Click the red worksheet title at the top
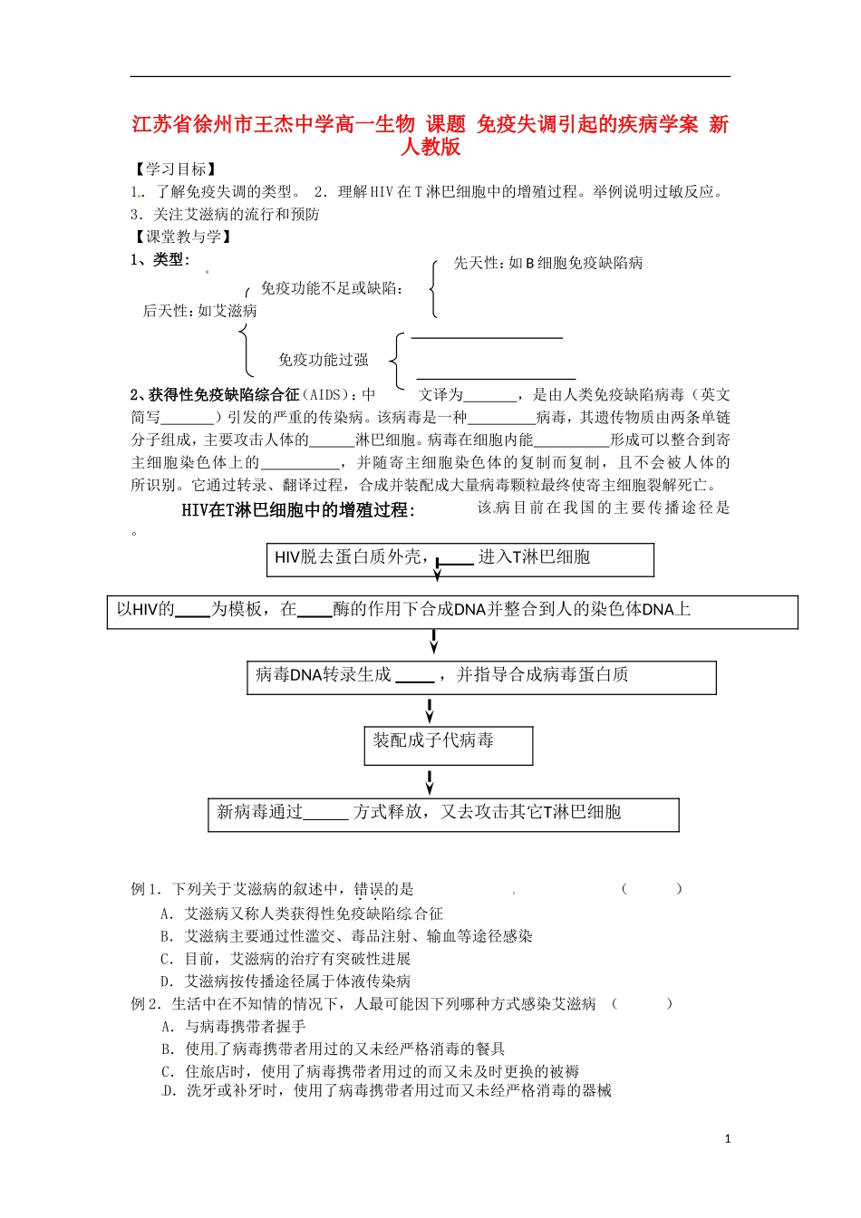click(430, 135)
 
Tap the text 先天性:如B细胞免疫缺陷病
click(548, 263)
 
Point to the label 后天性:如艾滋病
click(200, 311)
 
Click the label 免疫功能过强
click(324, 360)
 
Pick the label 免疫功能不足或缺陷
click(332, 288)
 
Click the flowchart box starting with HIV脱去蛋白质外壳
click(460, 559)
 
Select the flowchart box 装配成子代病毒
click(448, 745)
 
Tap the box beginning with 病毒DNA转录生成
click(481, 677)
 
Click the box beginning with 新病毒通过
click(443, 814)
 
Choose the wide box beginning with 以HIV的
click(452, 612)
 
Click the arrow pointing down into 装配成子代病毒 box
click(430, 710)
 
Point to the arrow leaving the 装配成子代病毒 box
click(430, 781)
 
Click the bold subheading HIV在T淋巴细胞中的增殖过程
click(298, 510)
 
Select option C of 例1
click(285, 959)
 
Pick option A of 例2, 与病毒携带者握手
click(234, 1026)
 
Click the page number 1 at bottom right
click(728, 1139)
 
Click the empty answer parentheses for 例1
click(652, 889)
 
